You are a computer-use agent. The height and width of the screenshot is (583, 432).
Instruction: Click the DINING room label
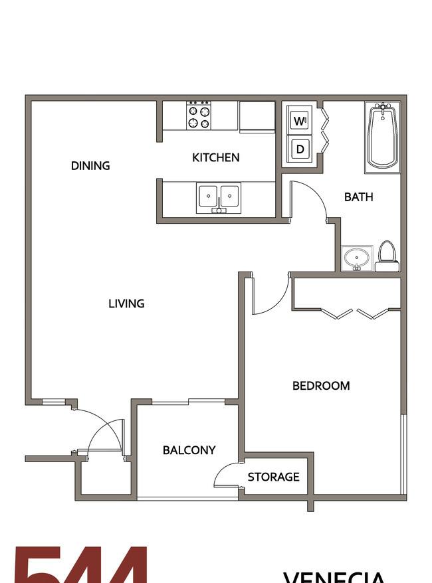(x=90, y=165)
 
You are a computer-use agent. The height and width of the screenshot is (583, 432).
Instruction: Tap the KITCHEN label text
(x=215, y=157)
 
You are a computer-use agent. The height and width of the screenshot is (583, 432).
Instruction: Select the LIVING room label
(x=126, y=303)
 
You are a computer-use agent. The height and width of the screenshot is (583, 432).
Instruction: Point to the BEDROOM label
(x=321, y=385)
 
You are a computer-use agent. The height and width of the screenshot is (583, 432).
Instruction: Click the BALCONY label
(x=189, y=450)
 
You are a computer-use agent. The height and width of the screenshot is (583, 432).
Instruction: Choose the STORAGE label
(x=273, y=477)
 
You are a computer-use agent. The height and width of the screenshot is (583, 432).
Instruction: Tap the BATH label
(x=358, y=197)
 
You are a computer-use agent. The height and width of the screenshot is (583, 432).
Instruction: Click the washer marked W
(x=300, y=122)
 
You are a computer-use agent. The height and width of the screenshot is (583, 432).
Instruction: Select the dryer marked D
(x=300, y=149)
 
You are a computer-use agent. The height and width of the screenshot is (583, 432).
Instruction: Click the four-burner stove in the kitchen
(x=198, y=116)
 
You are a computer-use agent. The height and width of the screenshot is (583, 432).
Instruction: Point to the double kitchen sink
(x=218, y=198)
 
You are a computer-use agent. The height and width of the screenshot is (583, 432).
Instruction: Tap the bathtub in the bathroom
(x=382, y=136)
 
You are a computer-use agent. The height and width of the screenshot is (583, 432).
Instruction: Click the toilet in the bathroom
(x=387, y=256)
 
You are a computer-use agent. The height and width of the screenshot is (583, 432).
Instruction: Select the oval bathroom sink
(x=358, y=258)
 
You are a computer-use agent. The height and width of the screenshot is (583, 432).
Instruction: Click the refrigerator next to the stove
(x=257, y=116)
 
